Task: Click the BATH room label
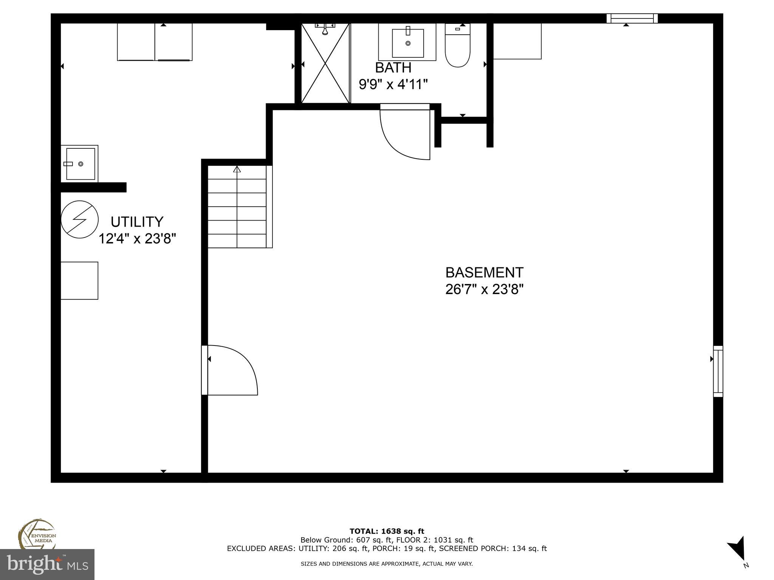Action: (393, 68)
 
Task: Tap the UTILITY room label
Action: (137, 221)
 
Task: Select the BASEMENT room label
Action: (484, 272)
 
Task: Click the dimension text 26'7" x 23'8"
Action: (484, 290)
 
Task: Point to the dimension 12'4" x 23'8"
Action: (137, 239)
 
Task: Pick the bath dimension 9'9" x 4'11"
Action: (393, 84)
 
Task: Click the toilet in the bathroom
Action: (457, 47)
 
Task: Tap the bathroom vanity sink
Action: (407, 42)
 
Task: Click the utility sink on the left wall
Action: (80, 164)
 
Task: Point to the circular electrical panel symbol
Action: (79, 219)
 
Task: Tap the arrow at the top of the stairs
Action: (237, 169)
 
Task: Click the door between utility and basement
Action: (231, 370)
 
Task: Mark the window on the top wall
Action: (632, 19)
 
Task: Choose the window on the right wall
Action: (718, 371)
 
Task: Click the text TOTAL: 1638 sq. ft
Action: (387, 532)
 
